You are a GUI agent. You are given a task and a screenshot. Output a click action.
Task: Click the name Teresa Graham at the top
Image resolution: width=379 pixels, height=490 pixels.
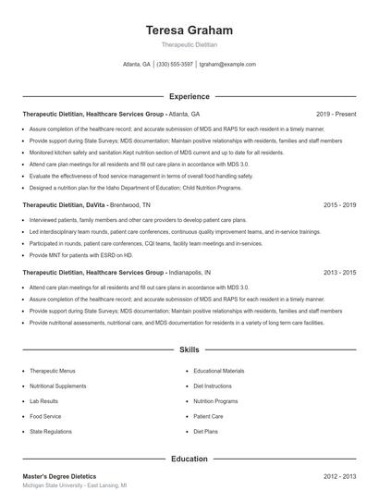189,31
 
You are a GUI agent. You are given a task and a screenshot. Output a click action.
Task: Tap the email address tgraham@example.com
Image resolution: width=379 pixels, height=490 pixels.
227,65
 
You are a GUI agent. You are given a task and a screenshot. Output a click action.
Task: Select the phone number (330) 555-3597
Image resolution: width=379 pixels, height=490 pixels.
175,65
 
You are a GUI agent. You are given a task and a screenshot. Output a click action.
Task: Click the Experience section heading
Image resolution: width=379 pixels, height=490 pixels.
189,96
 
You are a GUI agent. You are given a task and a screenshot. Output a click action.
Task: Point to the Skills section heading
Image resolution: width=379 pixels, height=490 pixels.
189,350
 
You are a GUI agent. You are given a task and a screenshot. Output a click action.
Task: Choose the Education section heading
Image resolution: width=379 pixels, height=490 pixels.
189,459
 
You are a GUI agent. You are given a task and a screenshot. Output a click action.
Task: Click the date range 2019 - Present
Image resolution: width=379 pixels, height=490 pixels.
336,114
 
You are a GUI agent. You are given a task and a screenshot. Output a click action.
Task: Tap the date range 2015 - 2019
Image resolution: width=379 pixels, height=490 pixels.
339,204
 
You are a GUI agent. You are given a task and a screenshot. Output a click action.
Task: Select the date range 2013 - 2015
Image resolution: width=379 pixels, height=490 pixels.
339,273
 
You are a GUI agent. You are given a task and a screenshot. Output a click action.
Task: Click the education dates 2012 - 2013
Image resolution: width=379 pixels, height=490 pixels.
339,475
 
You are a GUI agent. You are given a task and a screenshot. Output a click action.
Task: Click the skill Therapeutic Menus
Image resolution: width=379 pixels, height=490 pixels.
52,371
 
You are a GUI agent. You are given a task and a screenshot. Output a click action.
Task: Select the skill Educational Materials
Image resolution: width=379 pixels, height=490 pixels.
219,371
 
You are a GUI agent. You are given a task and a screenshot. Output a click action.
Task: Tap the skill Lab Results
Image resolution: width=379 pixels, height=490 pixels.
43,401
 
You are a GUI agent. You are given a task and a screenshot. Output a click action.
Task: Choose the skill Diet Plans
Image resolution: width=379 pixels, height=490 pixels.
205,431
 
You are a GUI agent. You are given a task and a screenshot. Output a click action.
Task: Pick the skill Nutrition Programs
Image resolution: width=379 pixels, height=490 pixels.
216,401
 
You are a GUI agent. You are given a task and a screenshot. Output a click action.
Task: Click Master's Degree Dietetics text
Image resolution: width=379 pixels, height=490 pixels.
60,475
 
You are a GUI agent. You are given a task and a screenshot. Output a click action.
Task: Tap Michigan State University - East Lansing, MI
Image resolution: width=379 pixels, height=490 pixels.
75,485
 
